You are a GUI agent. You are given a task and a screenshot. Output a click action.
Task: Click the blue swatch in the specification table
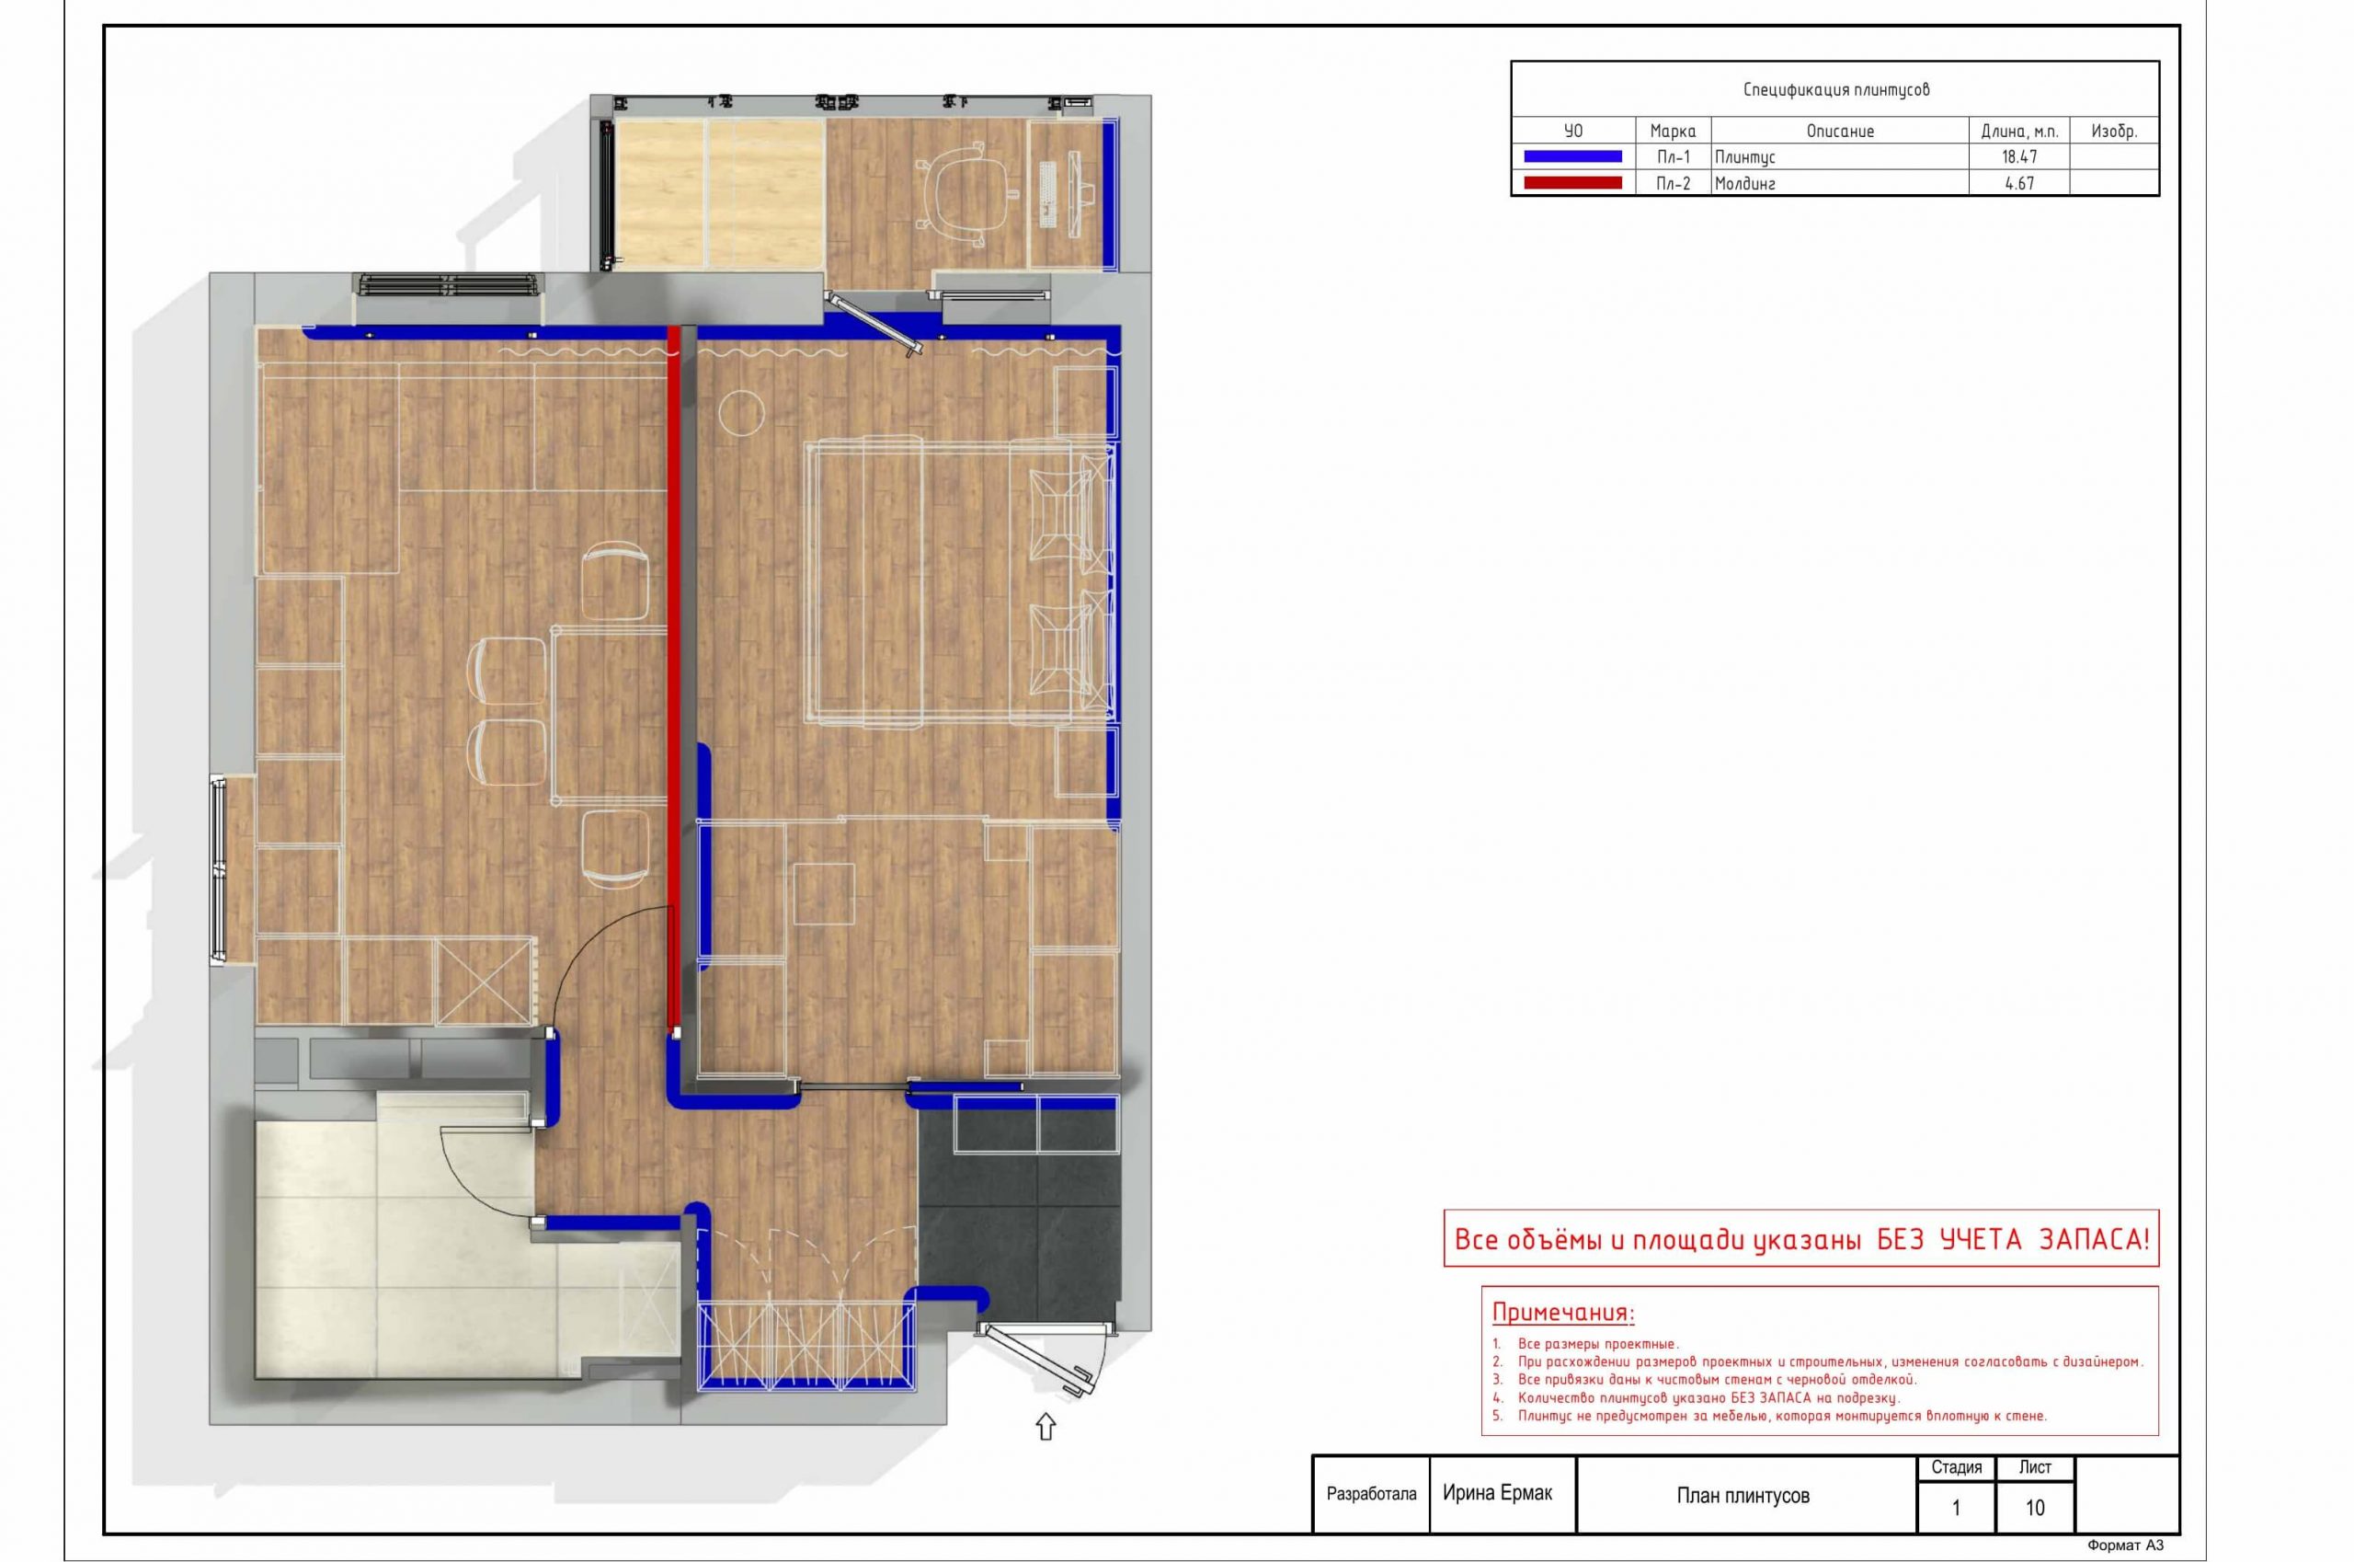1572,156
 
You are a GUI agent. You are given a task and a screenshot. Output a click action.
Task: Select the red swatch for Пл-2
1572,182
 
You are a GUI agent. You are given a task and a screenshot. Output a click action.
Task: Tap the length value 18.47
2018,157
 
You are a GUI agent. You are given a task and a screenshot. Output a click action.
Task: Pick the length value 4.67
2019,183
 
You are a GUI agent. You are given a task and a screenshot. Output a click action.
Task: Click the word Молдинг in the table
1744,183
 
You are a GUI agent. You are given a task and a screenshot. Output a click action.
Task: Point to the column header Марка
1673,131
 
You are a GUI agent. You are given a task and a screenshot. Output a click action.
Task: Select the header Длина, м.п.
2019,131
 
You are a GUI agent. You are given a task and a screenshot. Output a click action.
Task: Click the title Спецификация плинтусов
1836,89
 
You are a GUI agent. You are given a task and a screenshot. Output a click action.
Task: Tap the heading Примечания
1563,1312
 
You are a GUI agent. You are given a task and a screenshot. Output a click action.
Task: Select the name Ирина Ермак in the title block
1498,1493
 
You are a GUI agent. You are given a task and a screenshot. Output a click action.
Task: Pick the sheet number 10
2035,1509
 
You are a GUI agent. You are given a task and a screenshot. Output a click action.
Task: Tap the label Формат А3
2126,1546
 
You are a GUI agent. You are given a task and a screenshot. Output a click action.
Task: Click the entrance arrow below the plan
1045,1427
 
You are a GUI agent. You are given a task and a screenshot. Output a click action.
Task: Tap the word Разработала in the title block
1371,1494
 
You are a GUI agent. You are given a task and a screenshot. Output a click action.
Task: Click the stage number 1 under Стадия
1956,1509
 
